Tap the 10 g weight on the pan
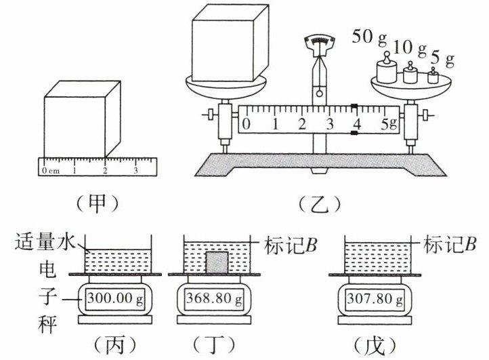tap(410, 73)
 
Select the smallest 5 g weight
tap(433, 76)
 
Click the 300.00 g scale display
tap(115, 299)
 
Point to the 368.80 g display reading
tap(214, 299)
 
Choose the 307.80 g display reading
tap(375, 299)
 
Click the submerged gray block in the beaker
tap(217, 262)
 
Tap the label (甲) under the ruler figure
tap(98, 205)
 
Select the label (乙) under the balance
tap(320, 205)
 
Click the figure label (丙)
tap(115, 345)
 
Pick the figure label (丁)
tap(214, 345)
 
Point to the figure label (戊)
tap(375, 345)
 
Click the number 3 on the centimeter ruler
tap(135, 170)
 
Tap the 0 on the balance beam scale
tap(247, 124)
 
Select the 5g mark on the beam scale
tap(389, 124)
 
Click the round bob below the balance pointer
tap(320, 93)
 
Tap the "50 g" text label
tap(370, 37)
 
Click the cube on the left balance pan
tap(230, 43)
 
